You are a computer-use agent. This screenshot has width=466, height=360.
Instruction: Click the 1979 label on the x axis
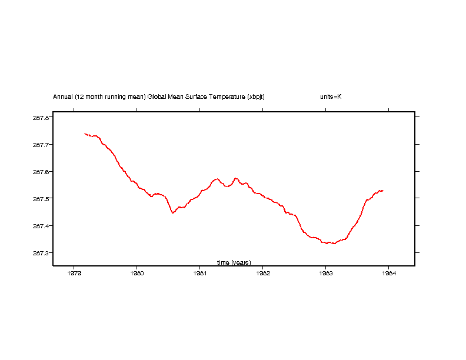[74, 273]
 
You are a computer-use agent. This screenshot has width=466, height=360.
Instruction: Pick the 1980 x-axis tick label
[137, 273]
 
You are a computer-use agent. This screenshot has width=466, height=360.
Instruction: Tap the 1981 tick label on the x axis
[199, 273]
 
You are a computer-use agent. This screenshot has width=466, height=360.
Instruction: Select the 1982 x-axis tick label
[262, 273]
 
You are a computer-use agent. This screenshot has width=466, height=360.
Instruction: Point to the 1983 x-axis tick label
[325, 273]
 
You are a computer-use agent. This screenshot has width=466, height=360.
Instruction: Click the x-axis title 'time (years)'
[234, 262]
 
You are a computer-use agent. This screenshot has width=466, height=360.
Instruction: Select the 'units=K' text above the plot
[331, 96]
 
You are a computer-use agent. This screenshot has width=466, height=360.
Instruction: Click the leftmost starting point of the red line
[85, 134]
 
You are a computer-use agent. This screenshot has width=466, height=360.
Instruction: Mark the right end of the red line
[383, 191]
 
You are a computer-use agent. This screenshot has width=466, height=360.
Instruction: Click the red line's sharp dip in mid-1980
[172, 213]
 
